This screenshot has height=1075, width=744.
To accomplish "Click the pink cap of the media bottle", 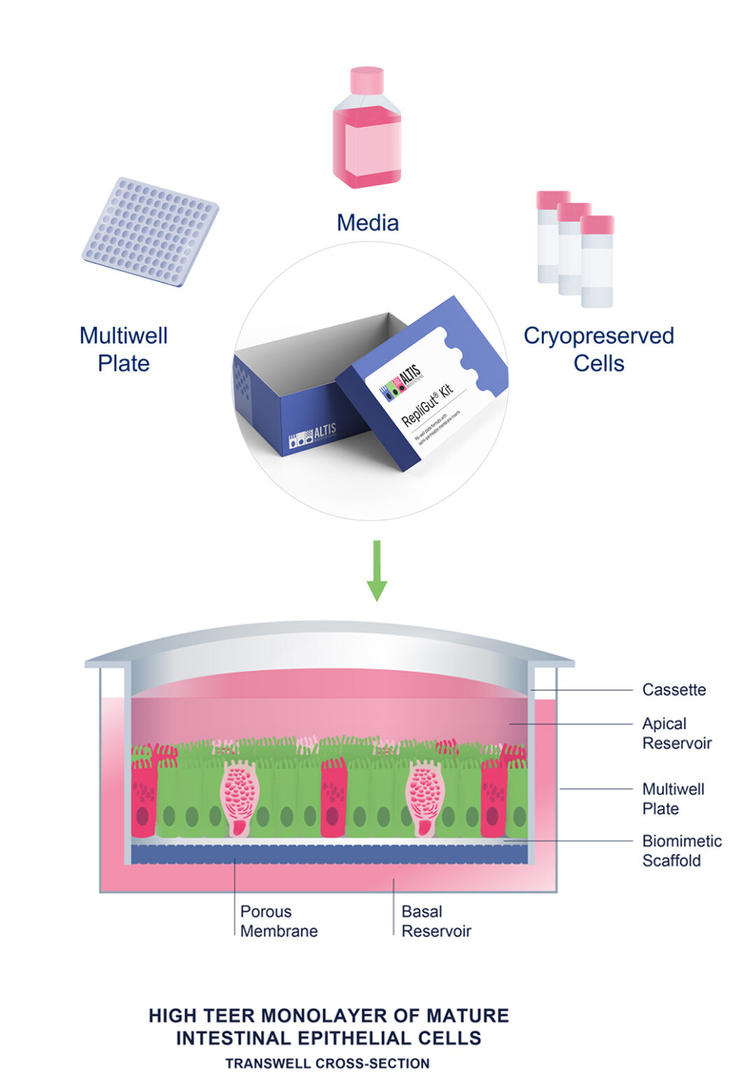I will click(367, 80).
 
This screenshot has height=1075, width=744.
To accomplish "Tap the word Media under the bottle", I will click(367, 223).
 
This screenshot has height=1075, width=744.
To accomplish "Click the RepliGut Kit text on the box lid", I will click(427, 405).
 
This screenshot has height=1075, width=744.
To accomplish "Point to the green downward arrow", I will click(377, 570).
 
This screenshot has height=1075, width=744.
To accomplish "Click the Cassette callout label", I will click(673, 690).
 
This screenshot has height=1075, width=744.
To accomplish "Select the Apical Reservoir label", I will click(676, 733).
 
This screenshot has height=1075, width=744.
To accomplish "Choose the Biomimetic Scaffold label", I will click(681, 850).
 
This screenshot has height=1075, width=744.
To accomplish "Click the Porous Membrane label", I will click(279, 921).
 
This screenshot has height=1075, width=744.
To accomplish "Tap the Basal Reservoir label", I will click(435, 921).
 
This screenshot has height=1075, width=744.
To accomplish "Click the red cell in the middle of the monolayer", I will click(334, 798).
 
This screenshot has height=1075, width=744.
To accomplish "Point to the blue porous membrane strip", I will click(329, 854).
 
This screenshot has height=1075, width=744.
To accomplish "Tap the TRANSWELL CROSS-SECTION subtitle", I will click(328, 1063).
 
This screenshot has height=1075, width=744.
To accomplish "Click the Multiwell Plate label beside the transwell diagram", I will click(673, 799).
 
